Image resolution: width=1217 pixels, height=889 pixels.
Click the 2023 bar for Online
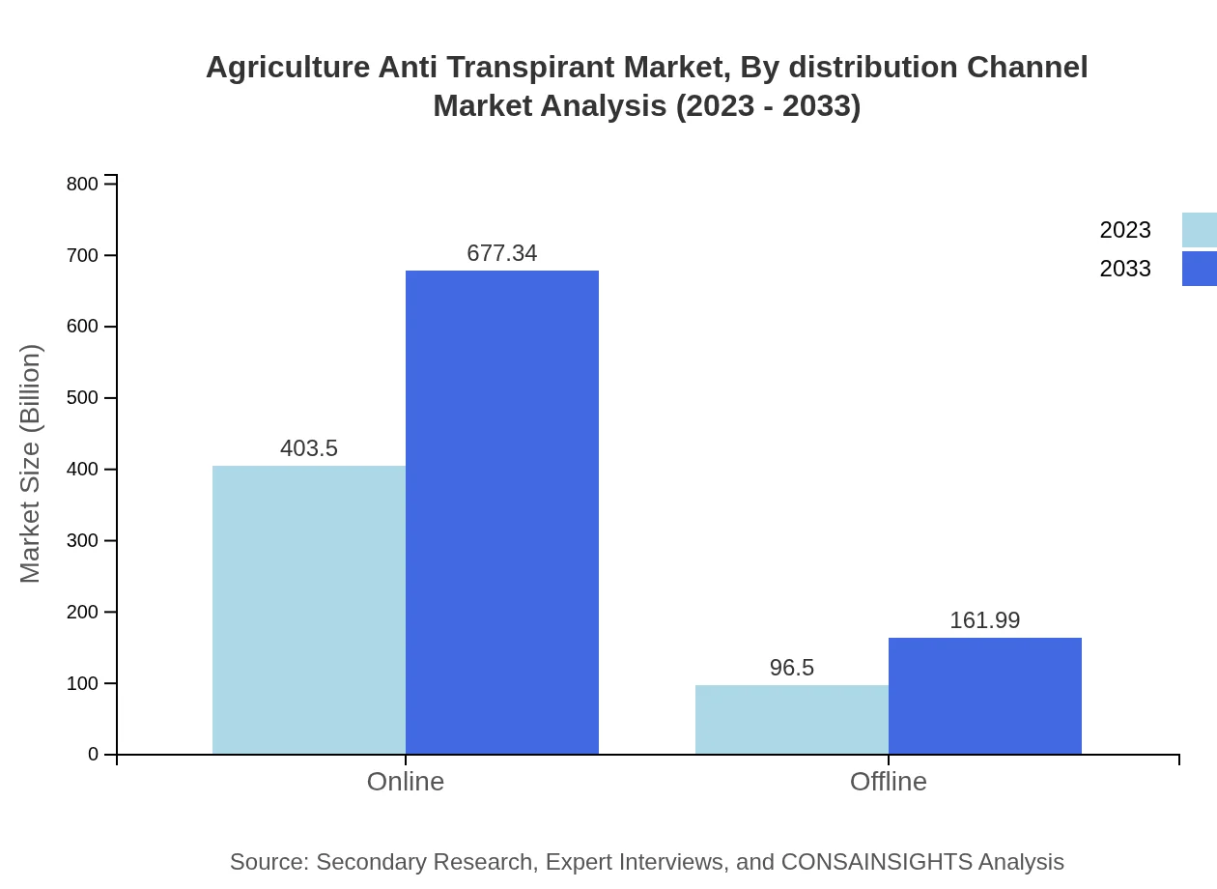(x=309, y=610)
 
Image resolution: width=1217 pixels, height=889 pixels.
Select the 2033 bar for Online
(x=502, y=512)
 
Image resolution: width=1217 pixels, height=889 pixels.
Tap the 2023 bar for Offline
(x=792, y=719)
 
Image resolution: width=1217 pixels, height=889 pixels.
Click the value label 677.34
(x=502, y=253)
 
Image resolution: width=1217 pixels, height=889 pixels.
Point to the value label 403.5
(x=309, y=448)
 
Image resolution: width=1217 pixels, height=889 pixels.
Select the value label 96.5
(x=792, y=668)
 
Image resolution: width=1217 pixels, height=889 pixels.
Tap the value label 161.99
(x=985, y=620)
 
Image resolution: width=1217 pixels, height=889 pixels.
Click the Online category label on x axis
(x=406, y=781)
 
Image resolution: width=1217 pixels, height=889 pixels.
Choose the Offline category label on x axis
(x=889, y=781)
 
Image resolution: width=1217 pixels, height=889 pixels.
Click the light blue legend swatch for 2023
(x=1200, y=230)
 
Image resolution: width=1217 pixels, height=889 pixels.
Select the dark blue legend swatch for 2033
(x=1200, y=269)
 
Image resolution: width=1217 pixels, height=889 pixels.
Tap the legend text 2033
(x=1125, y=269)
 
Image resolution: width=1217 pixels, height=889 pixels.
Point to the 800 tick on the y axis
(x=83, y=184)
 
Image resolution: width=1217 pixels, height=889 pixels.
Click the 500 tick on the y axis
(x=83, y=398)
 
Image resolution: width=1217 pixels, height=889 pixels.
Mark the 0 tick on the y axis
(x=94, y=754)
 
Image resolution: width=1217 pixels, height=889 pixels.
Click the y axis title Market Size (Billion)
(x=30, y=464)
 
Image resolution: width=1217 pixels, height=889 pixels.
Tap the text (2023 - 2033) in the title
(x=768, y=105)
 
